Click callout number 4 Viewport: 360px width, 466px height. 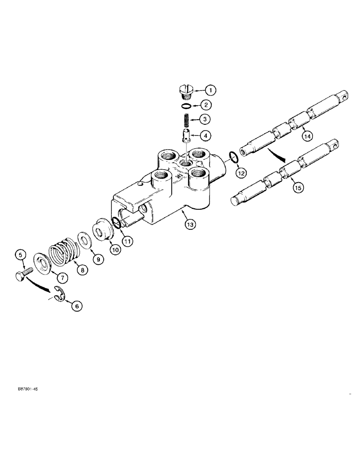(206, 136)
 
